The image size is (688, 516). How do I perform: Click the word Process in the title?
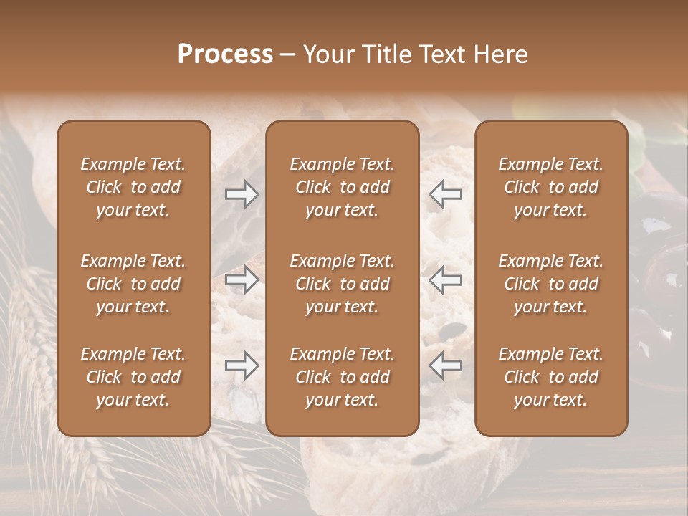(225, 54)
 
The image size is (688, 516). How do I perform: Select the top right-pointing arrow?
(242, 194)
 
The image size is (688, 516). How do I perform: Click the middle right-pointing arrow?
(242, 279)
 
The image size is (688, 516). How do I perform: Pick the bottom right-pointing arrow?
(242, 365)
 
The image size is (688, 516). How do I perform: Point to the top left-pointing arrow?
(446, 194)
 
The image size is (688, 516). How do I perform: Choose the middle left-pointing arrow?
(446, 279)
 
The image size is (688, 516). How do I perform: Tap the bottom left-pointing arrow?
(446, 365)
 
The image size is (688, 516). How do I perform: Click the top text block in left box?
(133, 187)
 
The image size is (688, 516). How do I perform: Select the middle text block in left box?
(133, 284)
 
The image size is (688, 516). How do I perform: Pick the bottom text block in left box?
(133, 377)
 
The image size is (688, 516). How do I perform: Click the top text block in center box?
(343, 187)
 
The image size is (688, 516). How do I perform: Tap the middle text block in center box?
(343, 284)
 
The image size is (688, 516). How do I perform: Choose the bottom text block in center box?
(343, 377)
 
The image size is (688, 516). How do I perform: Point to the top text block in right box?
(551, 187)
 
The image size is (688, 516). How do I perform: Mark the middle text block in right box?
(551, 284)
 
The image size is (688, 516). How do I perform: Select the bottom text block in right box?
(551, 377)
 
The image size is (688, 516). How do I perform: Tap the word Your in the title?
(325, 54)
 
